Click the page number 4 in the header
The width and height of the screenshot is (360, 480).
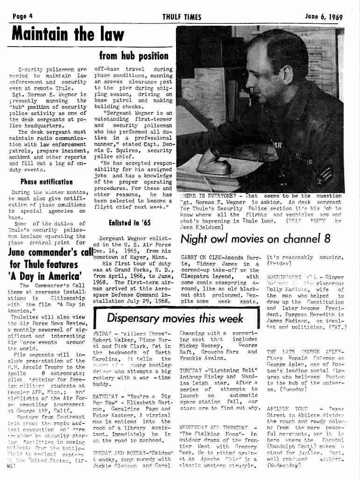coord(30,17)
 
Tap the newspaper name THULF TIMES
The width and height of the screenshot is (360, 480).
coord(182,17)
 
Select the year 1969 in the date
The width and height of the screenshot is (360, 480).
coord(335,17)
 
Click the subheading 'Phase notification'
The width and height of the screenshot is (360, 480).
coord(46,181)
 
